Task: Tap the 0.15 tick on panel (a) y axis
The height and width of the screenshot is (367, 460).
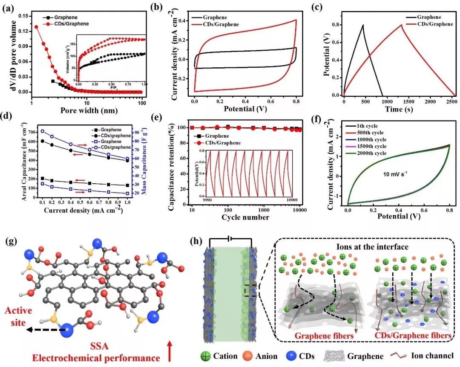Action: [20, 16]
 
